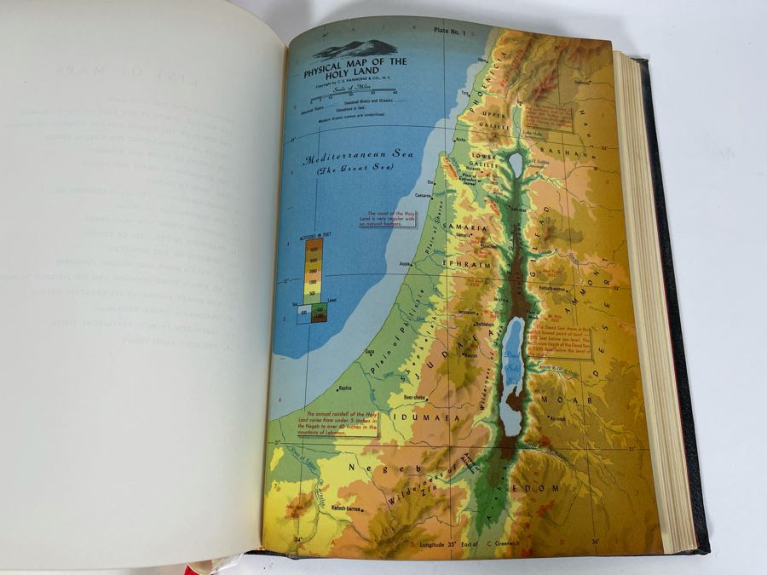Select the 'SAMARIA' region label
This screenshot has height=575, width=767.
(464, 230)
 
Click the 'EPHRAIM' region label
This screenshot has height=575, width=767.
(465, 264)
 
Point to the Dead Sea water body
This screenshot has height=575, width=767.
(513, 375)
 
